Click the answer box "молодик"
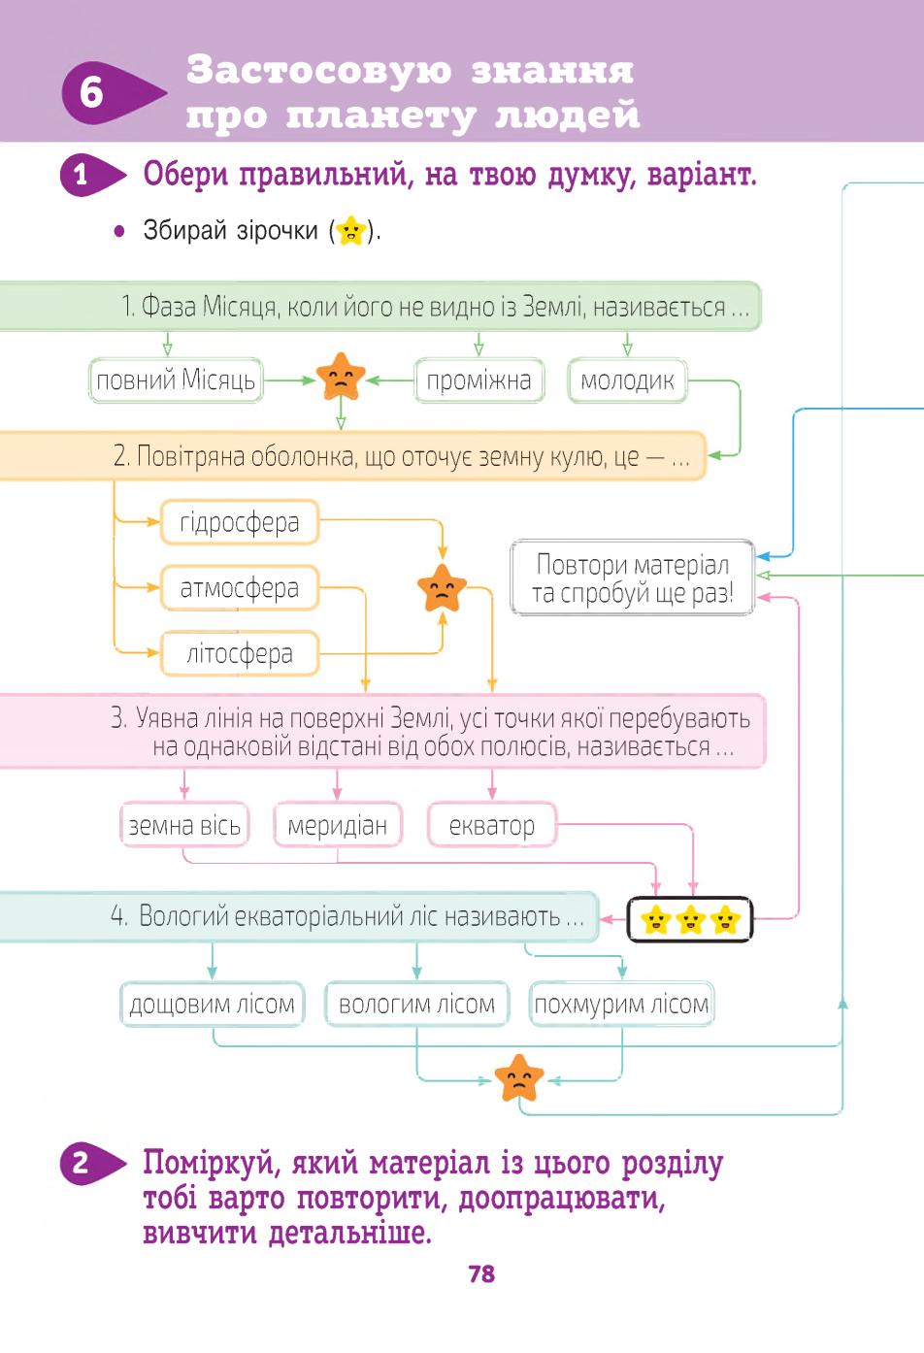(x=627, y=380)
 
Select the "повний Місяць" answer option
(x=176, y=380)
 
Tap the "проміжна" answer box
(x=478, y=380)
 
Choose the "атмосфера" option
(x=239, y=588)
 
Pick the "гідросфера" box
(x=239, y=522)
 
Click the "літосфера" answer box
(x=239, y=653)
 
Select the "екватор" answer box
(x=491, y=825)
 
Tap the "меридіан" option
(x=337, y=825)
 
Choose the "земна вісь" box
(x=184, y=825)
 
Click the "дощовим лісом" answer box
(x=212, y=1005)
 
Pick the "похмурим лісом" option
(x=621, y=1005)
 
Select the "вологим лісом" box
(x=416, y=1005)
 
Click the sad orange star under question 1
(x=341, y=378)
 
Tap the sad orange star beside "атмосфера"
(x=442, y=588)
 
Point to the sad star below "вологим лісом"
(x=518, y=1078)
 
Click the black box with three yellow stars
(x=690, y=919)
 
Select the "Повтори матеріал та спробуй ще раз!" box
(x=632, y=577)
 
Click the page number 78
(x=481, y=1273)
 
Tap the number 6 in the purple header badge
(x=92, y=93)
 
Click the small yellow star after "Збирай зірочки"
(x=351, y=231)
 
